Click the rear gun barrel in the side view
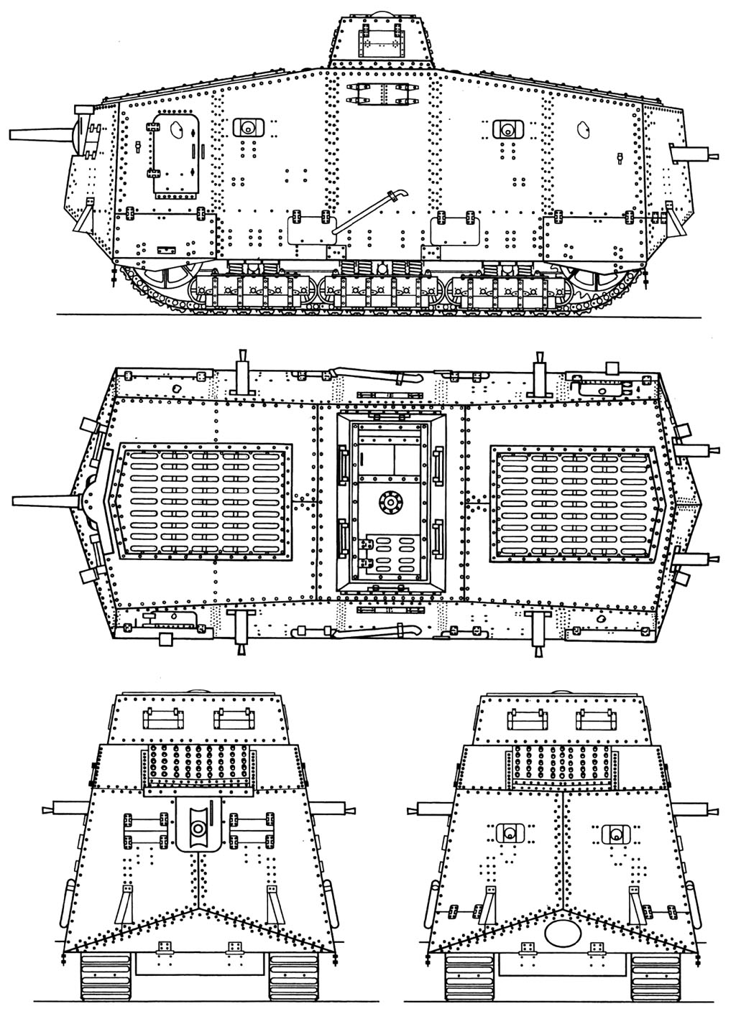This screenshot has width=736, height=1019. [694, 154]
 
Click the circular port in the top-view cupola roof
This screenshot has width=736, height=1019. [392, 503]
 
